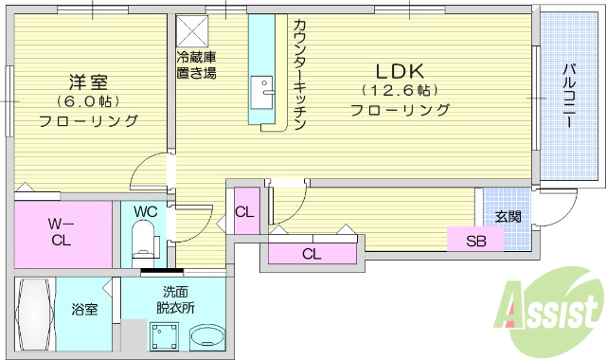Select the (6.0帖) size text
click(87, 101)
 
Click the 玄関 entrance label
click(508, 216)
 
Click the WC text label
click(145, 210)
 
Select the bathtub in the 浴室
click(34, 316)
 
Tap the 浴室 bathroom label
click(84, 309)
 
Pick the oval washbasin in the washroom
click(206, 336)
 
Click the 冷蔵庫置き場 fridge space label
click(195, 64)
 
